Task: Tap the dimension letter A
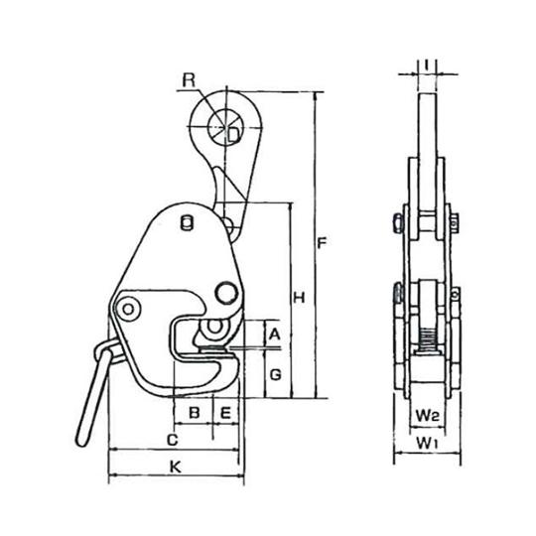point(275,335)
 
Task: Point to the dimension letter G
point(276,374)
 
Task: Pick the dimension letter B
point(195,410)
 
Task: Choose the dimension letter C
point(172,438)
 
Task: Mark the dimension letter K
point(175,465)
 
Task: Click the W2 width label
point(426,410)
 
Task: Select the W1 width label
point(427,438)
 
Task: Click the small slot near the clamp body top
point(184,224)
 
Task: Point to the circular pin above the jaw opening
point(225,291)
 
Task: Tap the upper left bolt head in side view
point(396,219)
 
